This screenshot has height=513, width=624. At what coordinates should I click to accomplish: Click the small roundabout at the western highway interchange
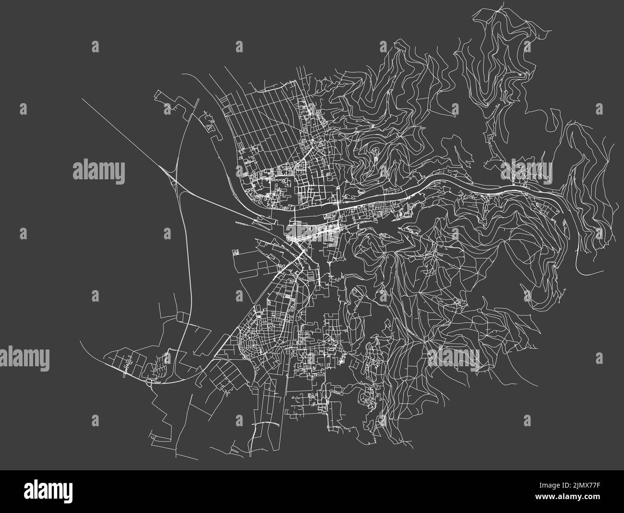[173, 182]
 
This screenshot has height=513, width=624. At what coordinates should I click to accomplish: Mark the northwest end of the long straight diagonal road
[82, 99]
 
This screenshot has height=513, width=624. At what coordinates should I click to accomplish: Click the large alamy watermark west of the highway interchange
[98, 171]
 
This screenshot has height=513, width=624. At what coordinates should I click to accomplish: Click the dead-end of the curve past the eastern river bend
[596, 274]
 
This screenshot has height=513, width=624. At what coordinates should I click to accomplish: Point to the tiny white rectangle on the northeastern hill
[521, 75]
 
